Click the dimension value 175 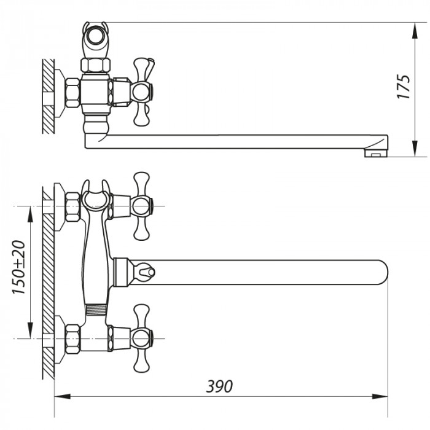[x=402, y=87]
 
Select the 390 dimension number [x=219, y=386]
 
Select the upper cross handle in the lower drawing [x=142, y=205]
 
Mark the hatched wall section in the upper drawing [x=49, y=96]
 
